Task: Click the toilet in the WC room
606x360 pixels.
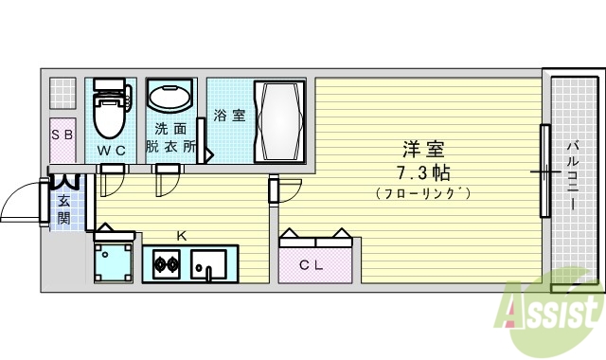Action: pyautogui.click(x=112, y=113)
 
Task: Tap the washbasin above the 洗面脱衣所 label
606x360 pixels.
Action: pyautogui.click(x=169, y=98)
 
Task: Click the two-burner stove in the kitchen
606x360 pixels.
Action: pyautogui.click(x=165, y=261)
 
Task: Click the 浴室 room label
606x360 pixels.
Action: pyautogui.click(x=229, y=116)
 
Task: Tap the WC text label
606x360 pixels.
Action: pyautogui.click(x=113, y=151)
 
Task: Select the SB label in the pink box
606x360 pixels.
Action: pyautogui.click(x=63, y=135)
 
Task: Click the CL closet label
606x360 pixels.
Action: pyautogui.click(x=312, y=265)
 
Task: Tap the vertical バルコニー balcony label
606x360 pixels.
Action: pyautogui.click(x=574, y=171)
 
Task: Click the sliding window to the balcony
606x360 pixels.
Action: pyautogui.click(x=544, y=171)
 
